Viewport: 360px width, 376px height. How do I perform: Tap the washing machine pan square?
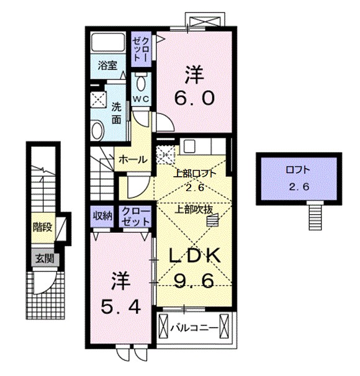coord(98,99)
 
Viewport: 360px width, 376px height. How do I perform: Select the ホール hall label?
coord(133,159)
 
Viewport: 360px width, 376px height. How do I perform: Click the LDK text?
coord(192,256)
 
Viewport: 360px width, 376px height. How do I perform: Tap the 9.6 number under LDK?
coord(194,281)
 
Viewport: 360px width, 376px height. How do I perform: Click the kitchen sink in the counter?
coord(190,146)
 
